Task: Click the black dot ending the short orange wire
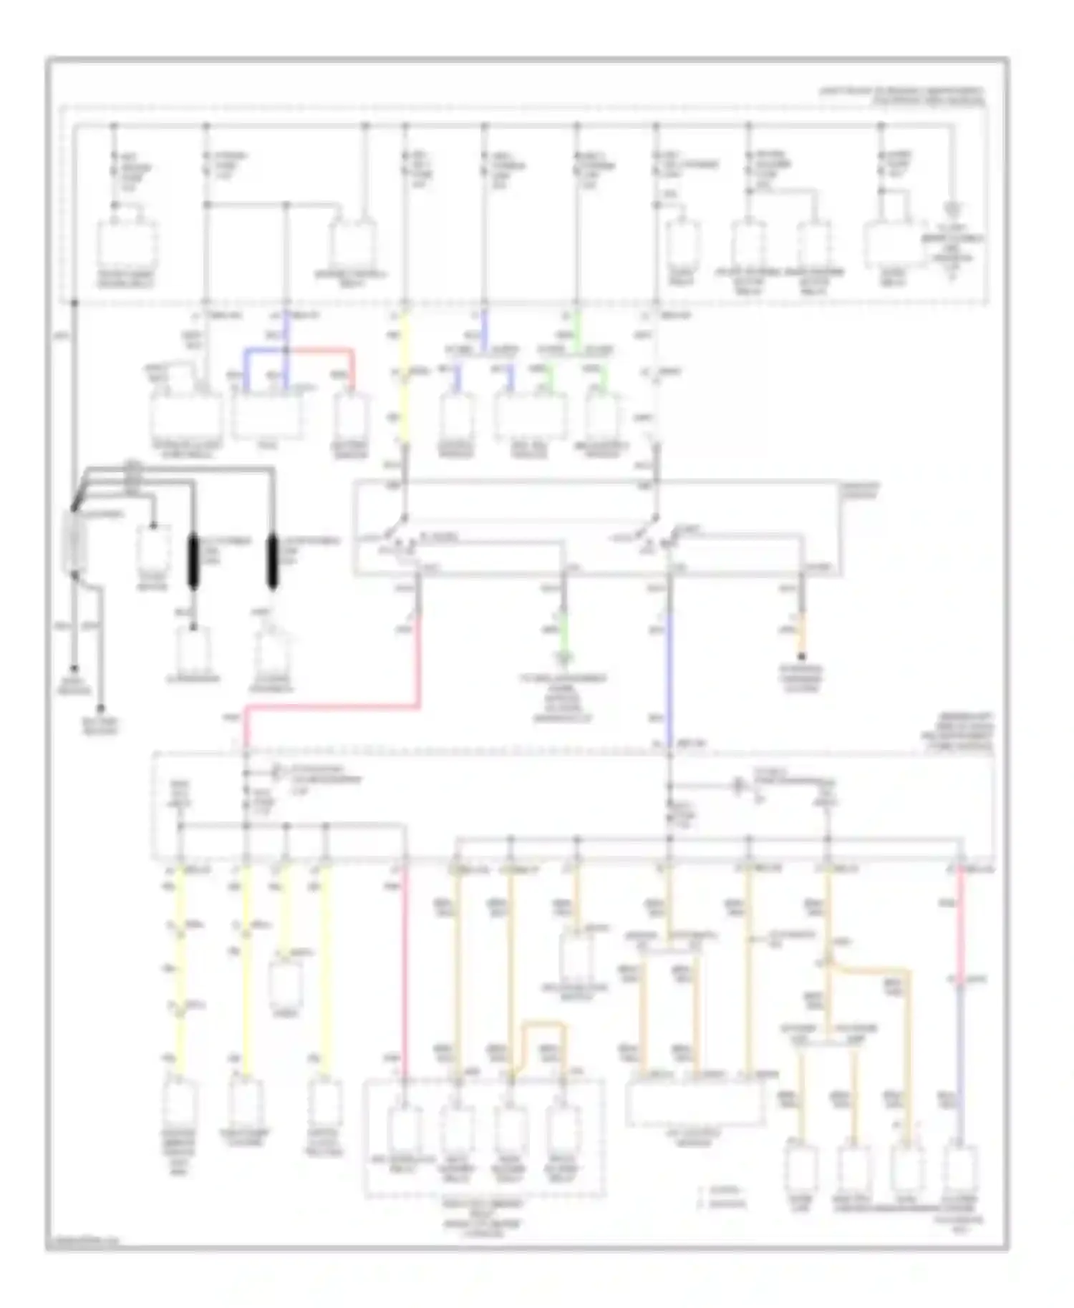tap(802, 656)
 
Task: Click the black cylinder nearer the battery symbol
tap(193, 562)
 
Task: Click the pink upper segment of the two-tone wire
tap(960, 923)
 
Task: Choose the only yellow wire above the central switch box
tap(405, 379)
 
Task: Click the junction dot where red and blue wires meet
tap(286, 351)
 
